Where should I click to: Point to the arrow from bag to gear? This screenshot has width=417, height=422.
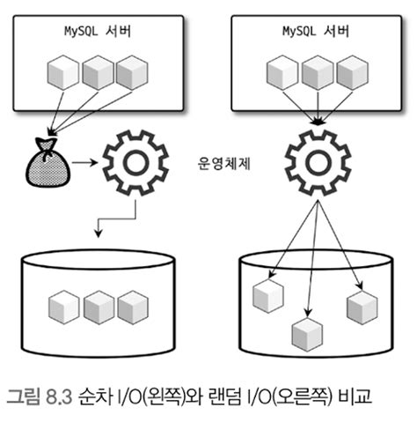tap(85, 163)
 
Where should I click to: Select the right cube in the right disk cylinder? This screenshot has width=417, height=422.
tap(362, 305)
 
